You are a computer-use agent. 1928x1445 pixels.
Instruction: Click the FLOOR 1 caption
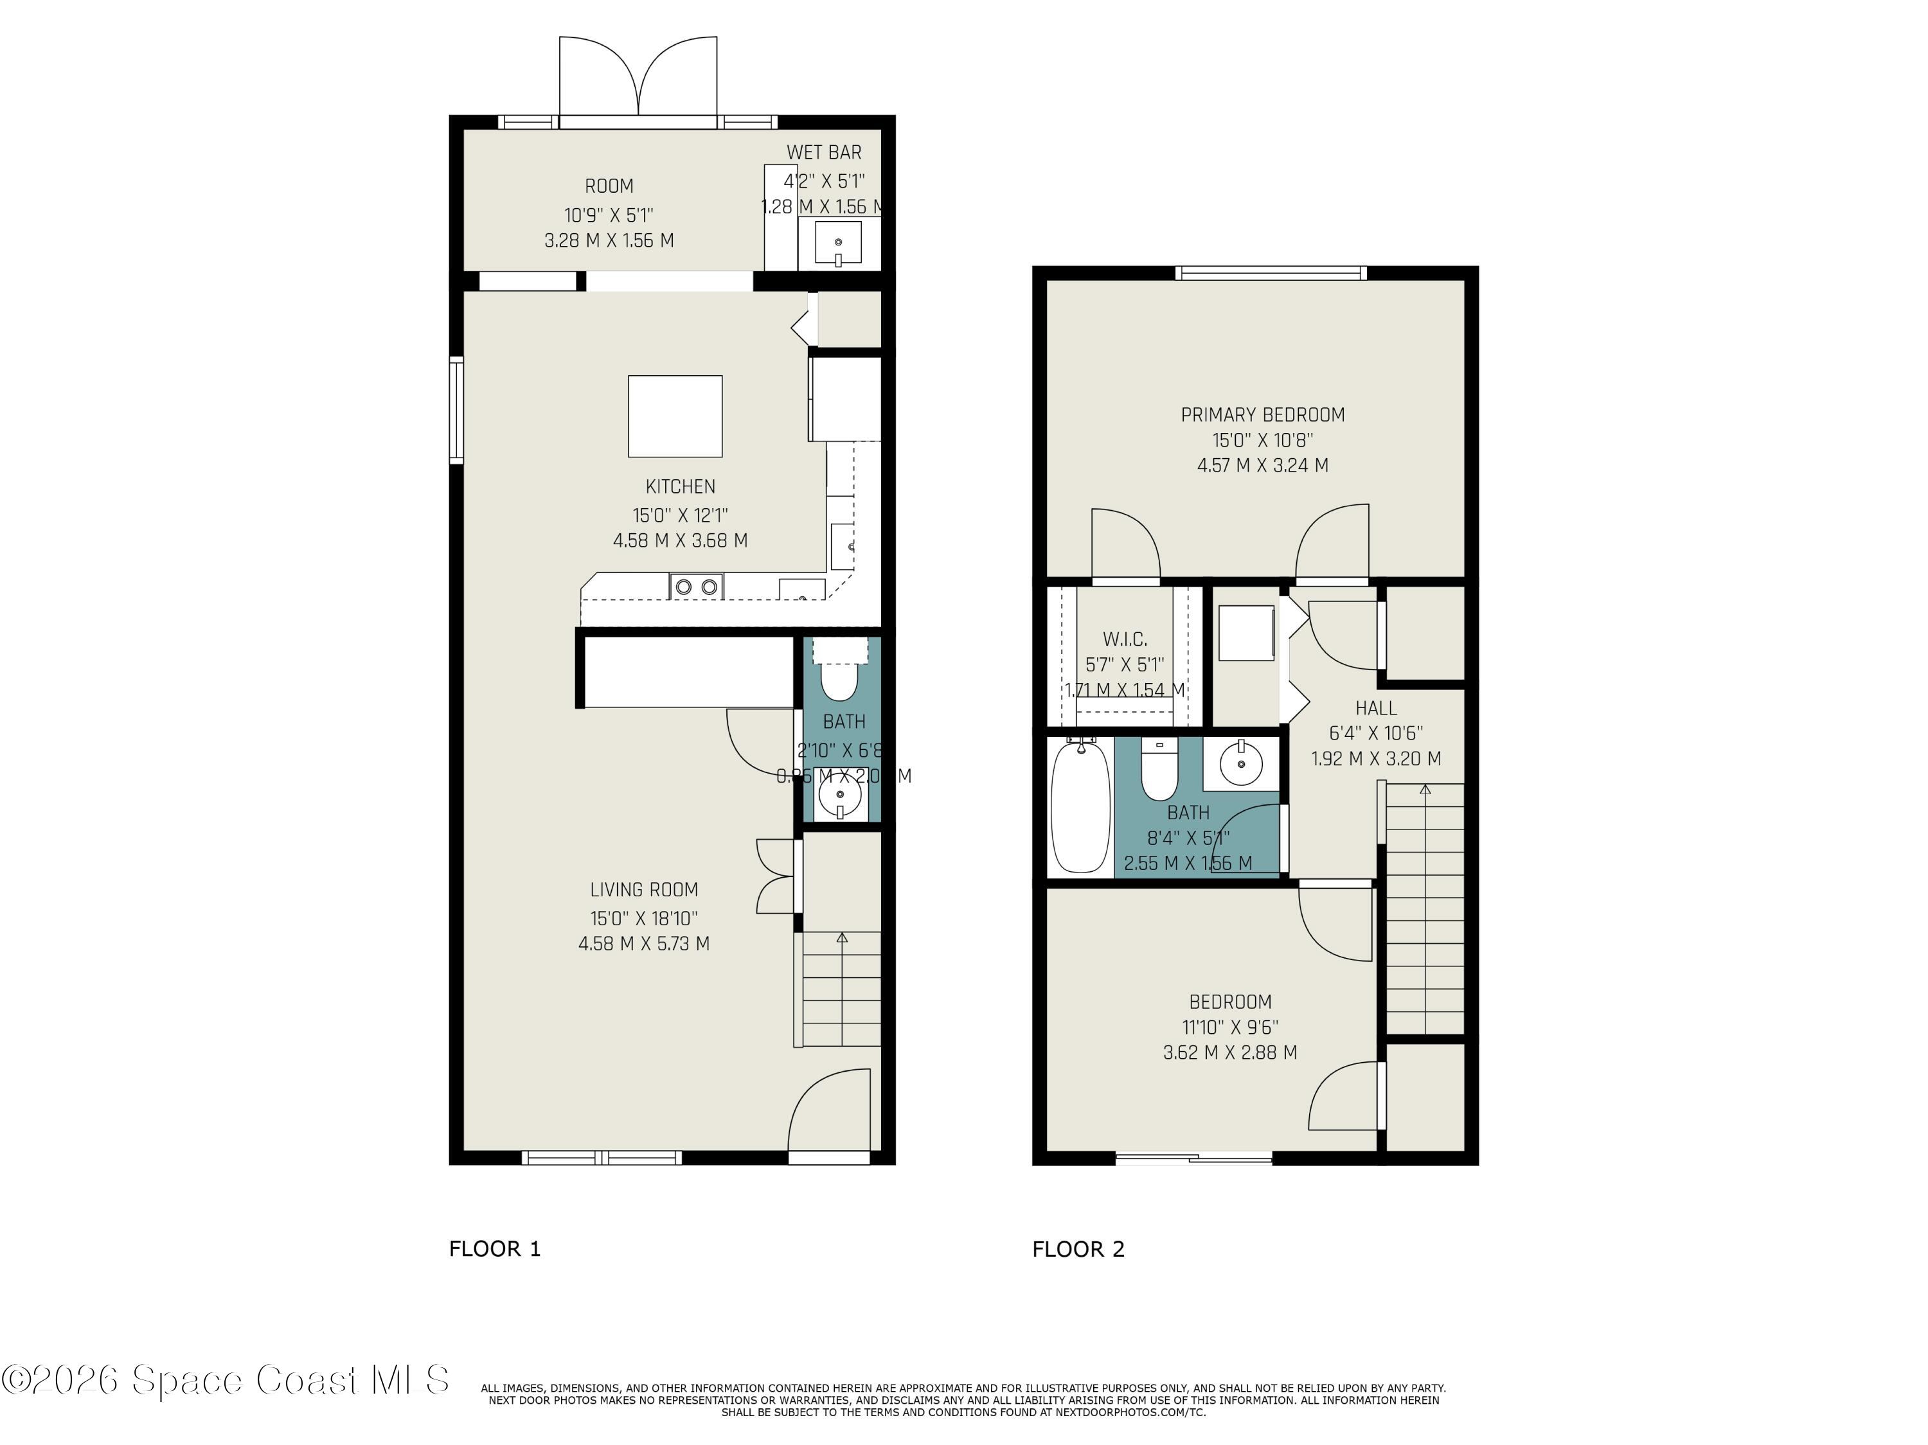tap(494, 1249)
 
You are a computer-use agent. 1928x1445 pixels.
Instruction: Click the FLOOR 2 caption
tap(1078, 1249)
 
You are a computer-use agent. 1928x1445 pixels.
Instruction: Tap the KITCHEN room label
tap(680, 487)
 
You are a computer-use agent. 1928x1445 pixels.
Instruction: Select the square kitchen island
tap(675, 416)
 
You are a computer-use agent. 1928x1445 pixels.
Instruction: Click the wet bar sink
tap(837, 243)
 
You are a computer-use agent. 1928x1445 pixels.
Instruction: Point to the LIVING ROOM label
tap(643, 890)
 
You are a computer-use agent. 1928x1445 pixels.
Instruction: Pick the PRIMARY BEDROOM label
tap(1262, 415)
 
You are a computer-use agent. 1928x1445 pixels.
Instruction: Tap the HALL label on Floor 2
tap(1375, 707)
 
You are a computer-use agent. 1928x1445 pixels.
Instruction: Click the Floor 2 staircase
tap(1424, 910)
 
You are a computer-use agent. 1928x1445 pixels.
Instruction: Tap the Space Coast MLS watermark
tap(225, 1379)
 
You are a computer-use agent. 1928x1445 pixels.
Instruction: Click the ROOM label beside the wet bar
tap(609, 186)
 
